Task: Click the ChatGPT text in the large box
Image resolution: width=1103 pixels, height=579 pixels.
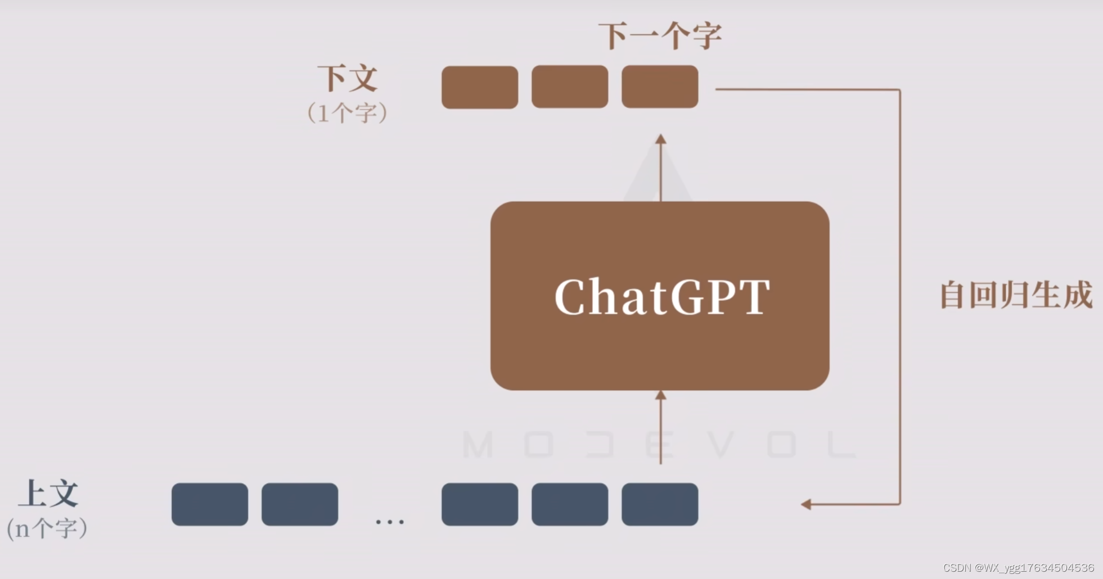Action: pyautogui.click(x=661, y=297)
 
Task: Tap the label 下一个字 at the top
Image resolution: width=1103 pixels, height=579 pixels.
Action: pyautogui.click(x=660, y=36)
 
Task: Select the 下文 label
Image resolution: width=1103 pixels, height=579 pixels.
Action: pyautogui.click(x=348, y=79)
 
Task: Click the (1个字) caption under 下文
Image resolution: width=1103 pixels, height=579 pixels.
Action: pyautogui.click(x=347, y=113)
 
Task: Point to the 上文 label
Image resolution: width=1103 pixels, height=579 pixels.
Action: pyautogui.click(x=48, y=494)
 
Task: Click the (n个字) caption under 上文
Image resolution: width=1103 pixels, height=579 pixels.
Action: pyautogui.click(x=47, y=528)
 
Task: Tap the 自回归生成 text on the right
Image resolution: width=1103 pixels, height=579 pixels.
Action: pyautogui.click(x=1016, y=295)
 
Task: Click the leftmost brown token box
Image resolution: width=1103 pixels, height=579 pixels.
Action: pyautogui.click(x=480, y=87)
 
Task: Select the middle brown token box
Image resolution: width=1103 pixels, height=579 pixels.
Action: pyautogui.click(x=570, y=87)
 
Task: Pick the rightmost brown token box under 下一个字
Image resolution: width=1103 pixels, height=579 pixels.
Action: pyautogui.click(x=660, y=87)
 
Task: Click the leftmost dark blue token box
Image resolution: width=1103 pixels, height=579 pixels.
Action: pyautogui.click(x=210, y=504)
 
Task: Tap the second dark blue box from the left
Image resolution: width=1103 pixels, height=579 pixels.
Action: pyautogui.click(x=300, y=504)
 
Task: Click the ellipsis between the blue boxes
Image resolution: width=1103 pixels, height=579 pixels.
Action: pyautogui.click(x=389, y=522)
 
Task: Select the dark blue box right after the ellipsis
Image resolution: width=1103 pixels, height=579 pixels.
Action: pyautogui.click(x=480, y=504)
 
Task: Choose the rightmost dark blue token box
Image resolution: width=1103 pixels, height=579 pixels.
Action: pyautogui.click(x=660, y=504)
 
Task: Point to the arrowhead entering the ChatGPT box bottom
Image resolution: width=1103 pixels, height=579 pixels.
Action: pyautogui.click(x=661, y=396)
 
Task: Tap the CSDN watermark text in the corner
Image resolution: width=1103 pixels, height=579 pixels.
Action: pyautogui.click(x=1018, y=568)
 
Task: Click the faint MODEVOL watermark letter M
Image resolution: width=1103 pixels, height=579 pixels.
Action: pyautogui.click(x=478, y=445)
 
